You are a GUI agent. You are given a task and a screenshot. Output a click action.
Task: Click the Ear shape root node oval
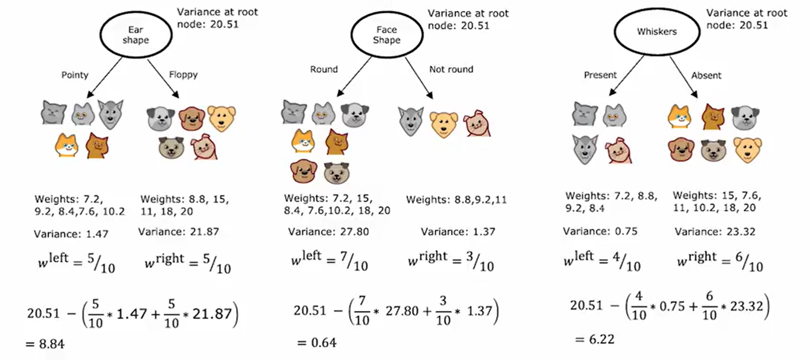coord(136,35)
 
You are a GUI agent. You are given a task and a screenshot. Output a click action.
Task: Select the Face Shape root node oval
coord(387,35)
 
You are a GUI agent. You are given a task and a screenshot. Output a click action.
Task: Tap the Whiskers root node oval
coord(657,31)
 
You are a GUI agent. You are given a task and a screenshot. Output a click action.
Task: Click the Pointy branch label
coord(75,75)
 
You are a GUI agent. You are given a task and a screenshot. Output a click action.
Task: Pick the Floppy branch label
coord(183,75)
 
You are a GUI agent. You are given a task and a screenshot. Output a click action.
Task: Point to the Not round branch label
coord(451,69)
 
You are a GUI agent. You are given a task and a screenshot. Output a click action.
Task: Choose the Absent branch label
coord(706,75)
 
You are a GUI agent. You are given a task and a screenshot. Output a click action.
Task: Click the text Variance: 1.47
coord(71,234)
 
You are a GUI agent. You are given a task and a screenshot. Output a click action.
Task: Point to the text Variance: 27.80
coord(328,232)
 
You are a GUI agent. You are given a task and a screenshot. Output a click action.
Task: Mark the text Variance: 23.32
coord(715,232)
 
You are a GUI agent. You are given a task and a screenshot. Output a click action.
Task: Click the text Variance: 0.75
coord(600,231)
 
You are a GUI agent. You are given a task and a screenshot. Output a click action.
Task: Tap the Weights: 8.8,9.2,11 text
coord(456,200)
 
